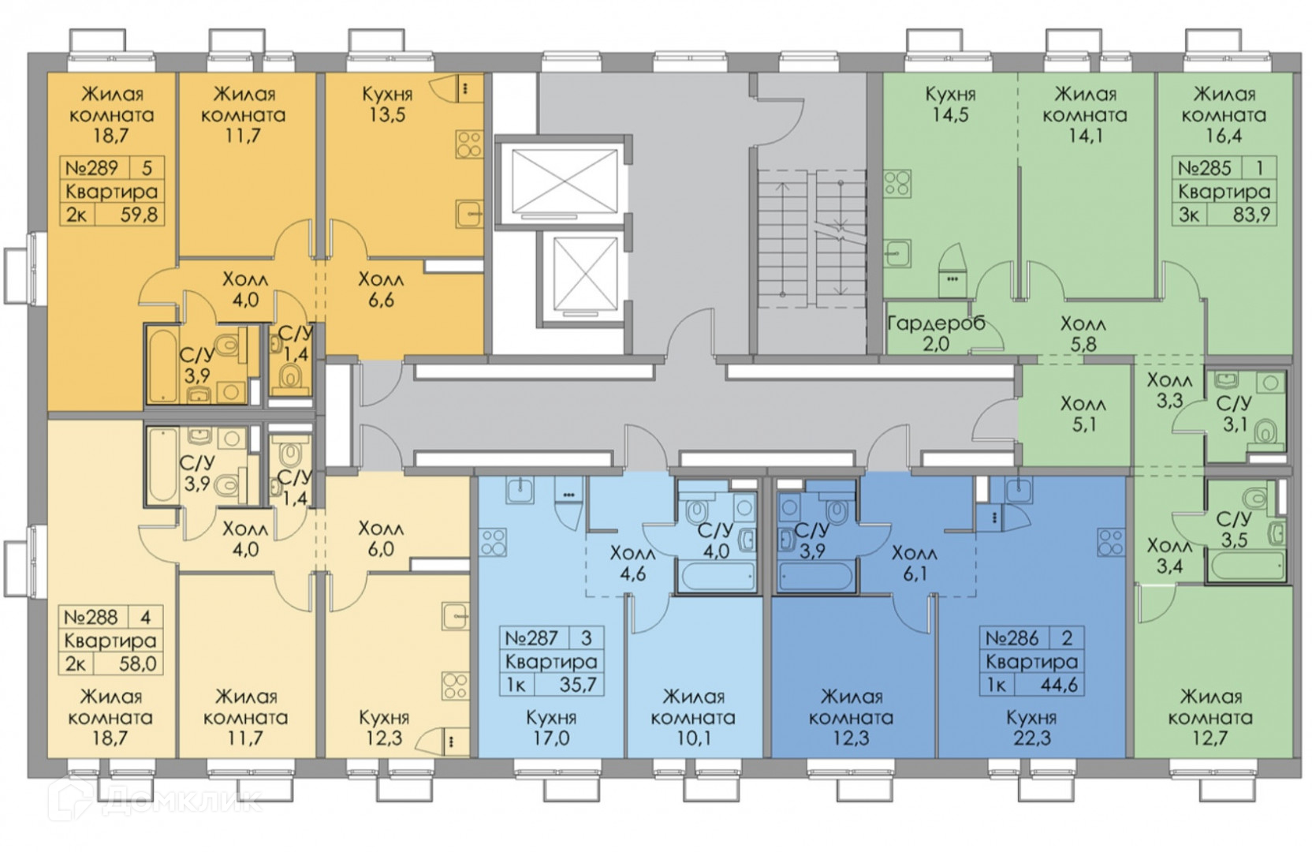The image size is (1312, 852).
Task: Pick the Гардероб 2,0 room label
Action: (x=936, y=333)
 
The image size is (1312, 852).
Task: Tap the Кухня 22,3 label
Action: (x=1031, y=727)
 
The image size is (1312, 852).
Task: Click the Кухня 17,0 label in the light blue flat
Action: (x=551, y=727)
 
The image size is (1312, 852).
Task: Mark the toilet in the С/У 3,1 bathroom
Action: (x=1266, y=431)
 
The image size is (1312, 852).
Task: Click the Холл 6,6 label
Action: (x=380, y=290)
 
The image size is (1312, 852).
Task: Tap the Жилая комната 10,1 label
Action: (x=694, y=717)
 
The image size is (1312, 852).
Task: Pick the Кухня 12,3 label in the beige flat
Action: (x=384, y=727)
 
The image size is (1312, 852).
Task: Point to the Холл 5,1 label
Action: (x=1083, y=414)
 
